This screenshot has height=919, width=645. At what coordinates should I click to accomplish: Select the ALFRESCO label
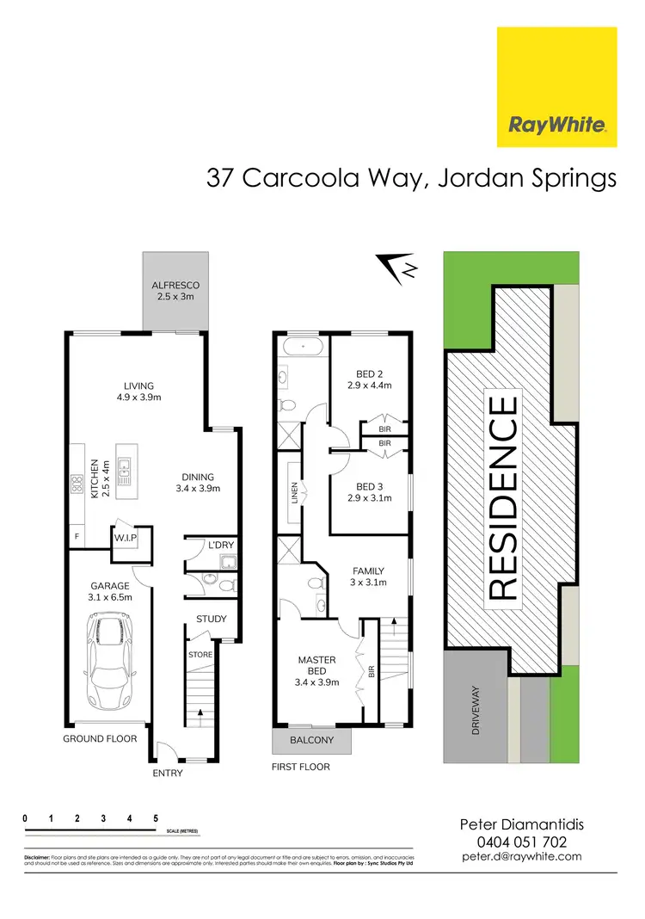point(175,291)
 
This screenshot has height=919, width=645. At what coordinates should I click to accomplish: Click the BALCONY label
point(310,740)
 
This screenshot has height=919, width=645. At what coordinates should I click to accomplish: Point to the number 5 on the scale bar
point(156,818)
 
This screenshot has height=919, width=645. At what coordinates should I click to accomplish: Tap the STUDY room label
point(211,619)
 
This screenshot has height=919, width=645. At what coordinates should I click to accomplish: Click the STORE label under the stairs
point(200,654)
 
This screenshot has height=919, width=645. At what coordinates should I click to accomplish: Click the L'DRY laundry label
point(221,546)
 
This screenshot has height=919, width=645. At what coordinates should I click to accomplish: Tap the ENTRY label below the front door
point(167,772)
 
